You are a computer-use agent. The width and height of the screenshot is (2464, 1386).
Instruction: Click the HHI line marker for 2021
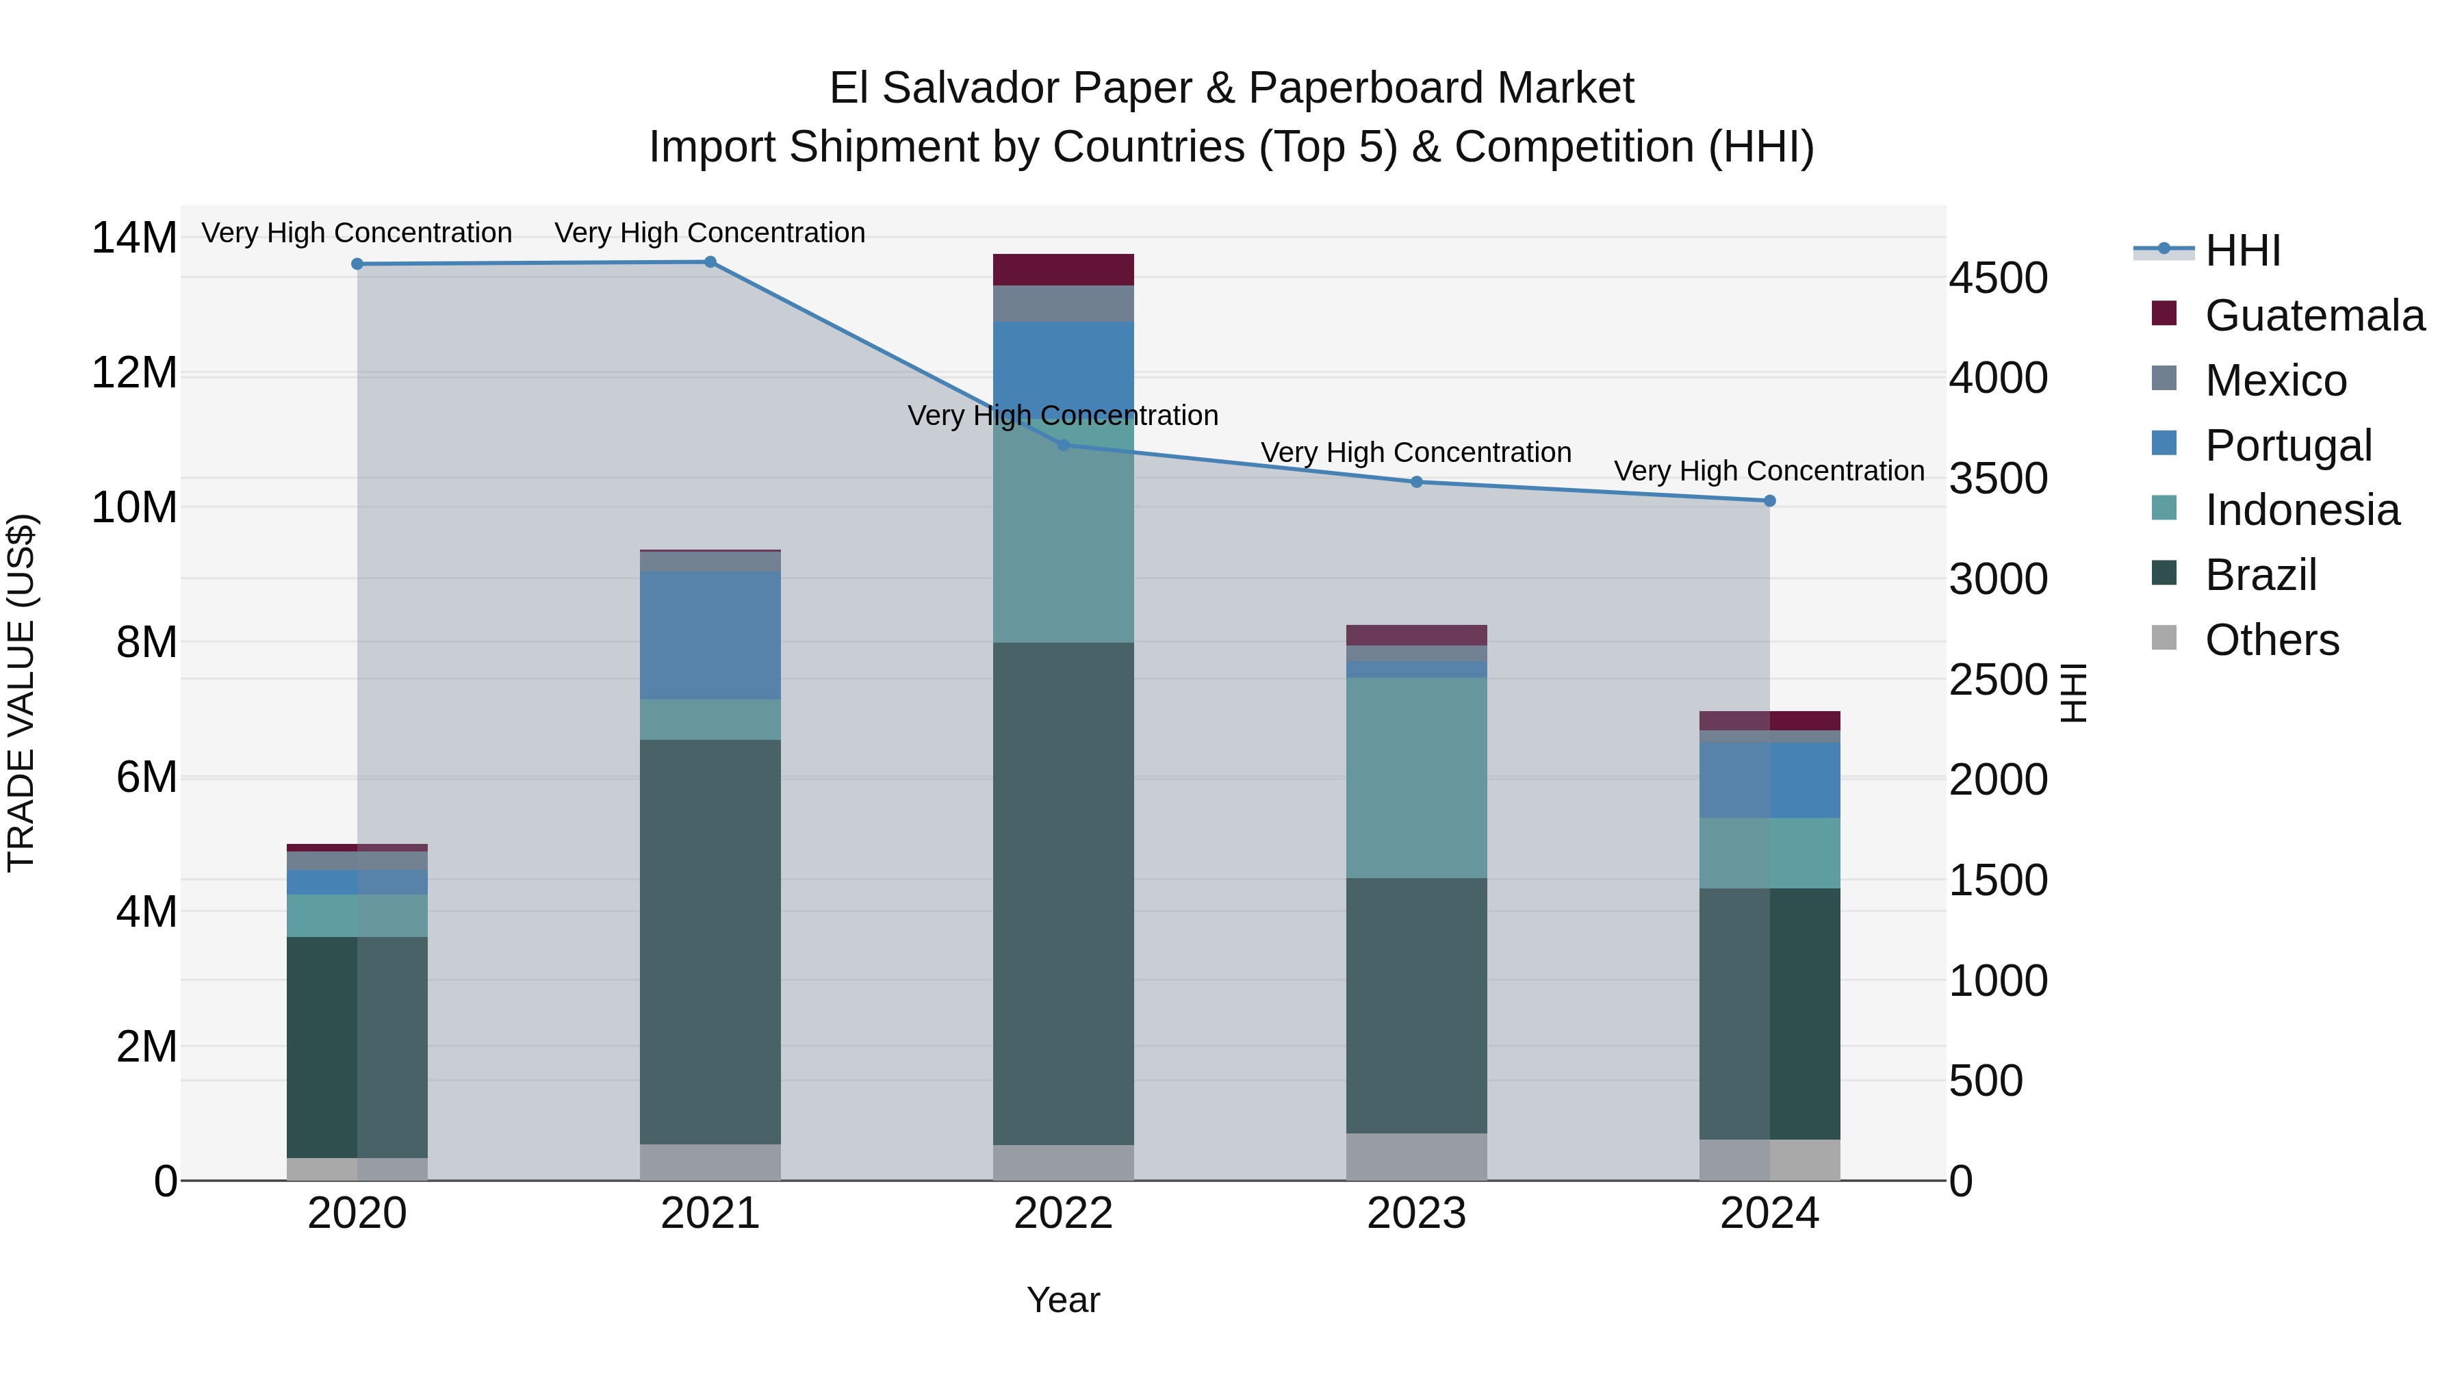pos(710,262)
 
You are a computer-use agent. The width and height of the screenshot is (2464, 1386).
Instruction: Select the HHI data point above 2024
pos(1769,501)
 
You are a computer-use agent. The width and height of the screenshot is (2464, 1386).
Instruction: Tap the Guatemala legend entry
pos(2314,316)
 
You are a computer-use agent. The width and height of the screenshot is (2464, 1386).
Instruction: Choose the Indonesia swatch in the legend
pos(2164,508)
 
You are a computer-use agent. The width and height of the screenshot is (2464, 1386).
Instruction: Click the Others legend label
pos(2272,640)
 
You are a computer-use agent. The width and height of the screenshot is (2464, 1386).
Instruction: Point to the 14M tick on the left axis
pos(134,238)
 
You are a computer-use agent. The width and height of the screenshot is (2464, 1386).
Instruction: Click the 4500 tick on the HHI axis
pos(1998,279)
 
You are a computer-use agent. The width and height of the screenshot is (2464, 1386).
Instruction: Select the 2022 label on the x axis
pos(1063,1214)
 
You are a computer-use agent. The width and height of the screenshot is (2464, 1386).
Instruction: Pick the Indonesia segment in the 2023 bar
pos(1417,777)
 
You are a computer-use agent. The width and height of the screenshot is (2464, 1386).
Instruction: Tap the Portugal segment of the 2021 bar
pos(710,635)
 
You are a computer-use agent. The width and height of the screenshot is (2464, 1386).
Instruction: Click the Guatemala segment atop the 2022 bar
pos(1063,270)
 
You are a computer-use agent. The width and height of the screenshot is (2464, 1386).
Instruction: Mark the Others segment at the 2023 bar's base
pos(1417,1157)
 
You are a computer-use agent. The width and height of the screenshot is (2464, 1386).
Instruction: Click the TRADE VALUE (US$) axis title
pos(21,693)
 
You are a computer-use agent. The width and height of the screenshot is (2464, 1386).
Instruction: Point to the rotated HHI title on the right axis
pos(2072,693)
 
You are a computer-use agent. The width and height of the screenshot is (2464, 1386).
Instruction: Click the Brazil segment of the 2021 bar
pos(710,942)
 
